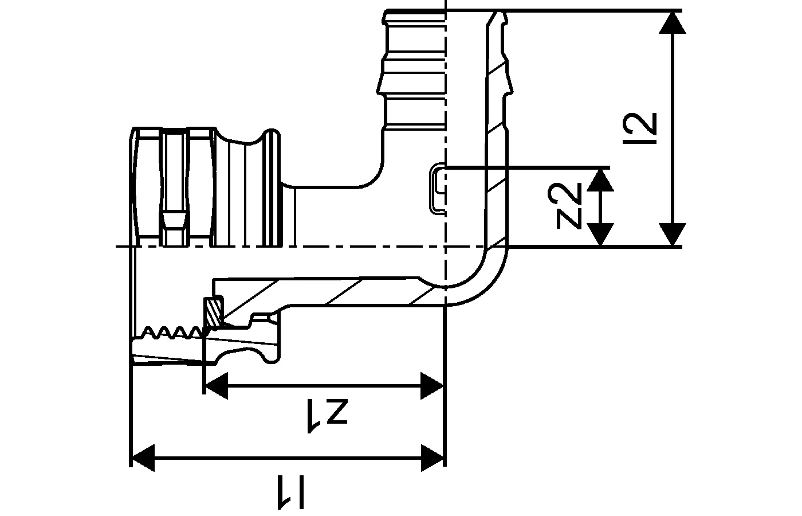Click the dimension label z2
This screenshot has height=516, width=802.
pos(568,206)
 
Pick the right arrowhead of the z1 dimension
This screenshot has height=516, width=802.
pos(432,385)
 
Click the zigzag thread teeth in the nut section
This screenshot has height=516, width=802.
pos(172,332)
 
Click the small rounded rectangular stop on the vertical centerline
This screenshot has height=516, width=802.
pos(438,189)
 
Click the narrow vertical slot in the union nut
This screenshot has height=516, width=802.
pos(174,189)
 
